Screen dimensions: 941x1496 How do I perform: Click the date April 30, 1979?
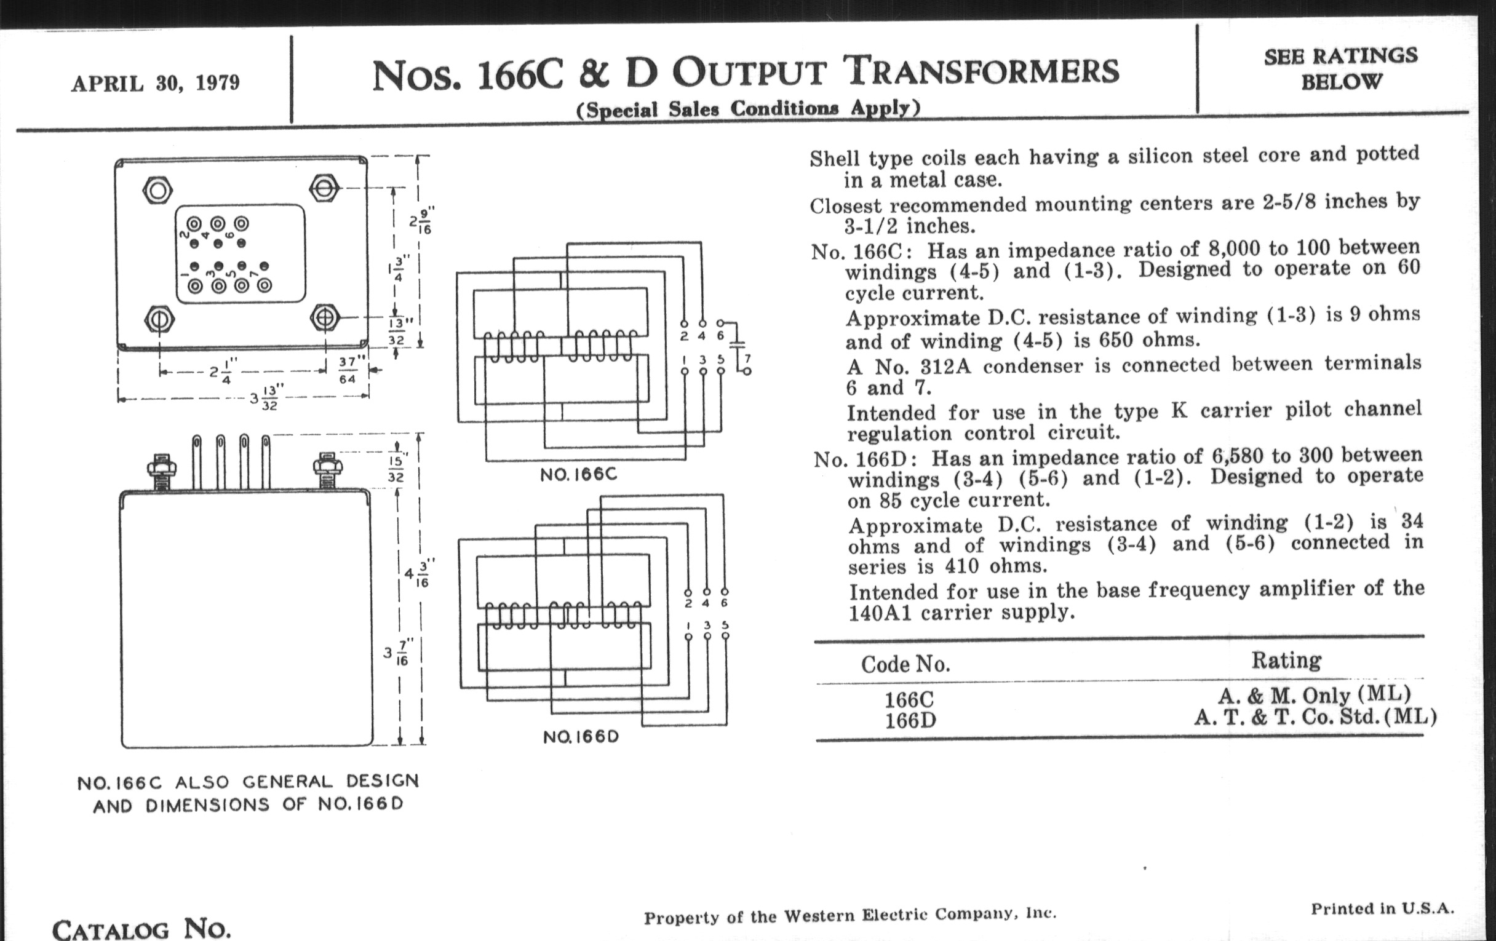coord(155,83)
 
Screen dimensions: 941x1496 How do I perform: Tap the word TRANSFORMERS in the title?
coord(984,71)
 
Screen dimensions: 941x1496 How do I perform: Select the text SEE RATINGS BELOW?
coord(1341,68)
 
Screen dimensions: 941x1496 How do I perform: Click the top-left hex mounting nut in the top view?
coord(157,190)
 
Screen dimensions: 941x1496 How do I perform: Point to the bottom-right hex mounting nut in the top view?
coord(325,318)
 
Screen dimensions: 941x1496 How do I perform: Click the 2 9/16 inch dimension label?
coord(420,222)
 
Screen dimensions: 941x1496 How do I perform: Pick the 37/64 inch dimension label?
coord(348,370)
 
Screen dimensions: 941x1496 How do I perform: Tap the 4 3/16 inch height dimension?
coord(416,574)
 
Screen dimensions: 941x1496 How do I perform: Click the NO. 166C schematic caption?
coord(578,475)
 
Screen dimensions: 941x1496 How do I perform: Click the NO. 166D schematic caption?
coord(581,737)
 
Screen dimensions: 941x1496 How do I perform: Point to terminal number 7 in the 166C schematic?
coord(747,359)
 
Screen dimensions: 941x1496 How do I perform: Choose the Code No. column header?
coord(905,665)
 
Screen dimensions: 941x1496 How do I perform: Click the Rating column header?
coord(1286,661)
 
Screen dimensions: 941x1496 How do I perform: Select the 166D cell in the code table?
coord(910,720)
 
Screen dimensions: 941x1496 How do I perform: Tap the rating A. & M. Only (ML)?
coord(1313,695)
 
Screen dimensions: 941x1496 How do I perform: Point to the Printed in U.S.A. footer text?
coord(1382,908)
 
